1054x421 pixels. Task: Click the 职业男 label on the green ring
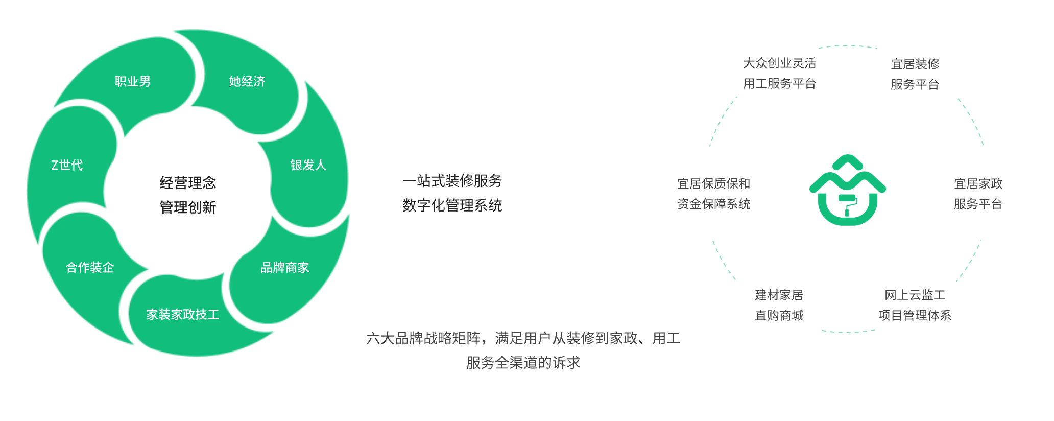pyautogui.click(x=132, y=82)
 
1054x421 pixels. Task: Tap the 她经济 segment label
pyautogui.click(x=247, y=82)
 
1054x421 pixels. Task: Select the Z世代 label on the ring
pyautogui.click(x=67, y=165)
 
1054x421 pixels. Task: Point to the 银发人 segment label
pyautogui.click(x=308, y=165)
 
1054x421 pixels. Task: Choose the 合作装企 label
pyautogui.click(x=90, y=267)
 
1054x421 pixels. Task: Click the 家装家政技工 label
pyautogui.click(x=183, y=314)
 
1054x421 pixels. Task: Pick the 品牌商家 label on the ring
pyautogui.click(x=285, y=267)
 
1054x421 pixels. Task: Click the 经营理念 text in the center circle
pyautogui.click(x=188, y=183)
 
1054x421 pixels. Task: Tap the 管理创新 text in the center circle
pyautogui.click(x=188, y=207)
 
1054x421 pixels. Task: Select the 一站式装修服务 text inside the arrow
pyautogui.click(x=452, y=181)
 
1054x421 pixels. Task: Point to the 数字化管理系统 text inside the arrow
pyautogui.click(x=452, y=205)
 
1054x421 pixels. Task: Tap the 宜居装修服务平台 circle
pyautogui.click(x=915, y=76)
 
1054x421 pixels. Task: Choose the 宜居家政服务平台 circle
pyautogui.click(x=978, y=193)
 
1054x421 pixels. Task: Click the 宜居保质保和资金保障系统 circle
pyautogui.click(x=713, y=193)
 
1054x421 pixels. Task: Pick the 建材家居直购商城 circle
pyautogui.click(x=779, y=305)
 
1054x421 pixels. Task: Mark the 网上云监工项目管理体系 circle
pyautogui.click(x=915, y=305)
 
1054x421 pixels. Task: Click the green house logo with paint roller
pyautogui.click(x=847, y=191)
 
